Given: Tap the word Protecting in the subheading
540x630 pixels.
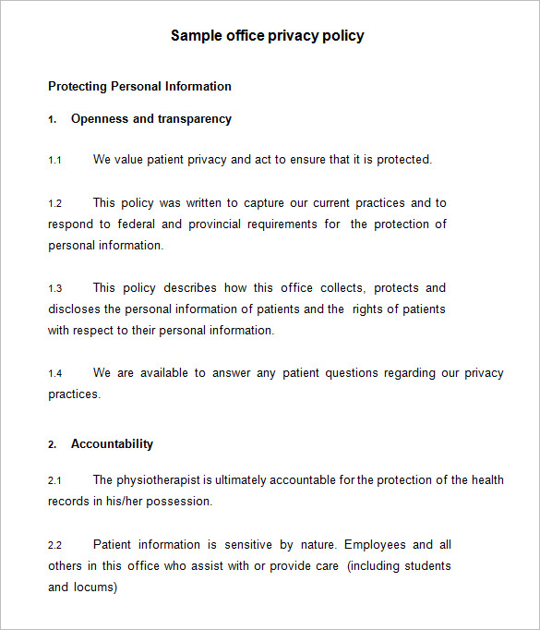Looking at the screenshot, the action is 78,87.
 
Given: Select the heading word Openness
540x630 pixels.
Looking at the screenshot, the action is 100,119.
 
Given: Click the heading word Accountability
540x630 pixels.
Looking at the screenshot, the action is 112,444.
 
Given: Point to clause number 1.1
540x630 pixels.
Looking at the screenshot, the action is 54,161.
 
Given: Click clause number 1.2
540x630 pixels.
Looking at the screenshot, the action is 54,203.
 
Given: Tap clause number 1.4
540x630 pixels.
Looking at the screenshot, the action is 54,374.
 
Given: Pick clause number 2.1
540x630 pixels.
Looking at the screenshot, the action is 54,481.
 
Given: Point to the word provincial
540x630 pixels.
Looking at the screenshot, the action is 218,224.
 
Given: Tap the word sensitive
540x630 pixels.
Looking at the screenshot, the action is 247,545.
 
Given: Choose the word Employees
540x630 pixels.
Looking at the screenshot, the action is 376,545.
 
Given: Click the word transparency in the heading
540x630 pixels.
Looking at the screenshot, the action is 195,119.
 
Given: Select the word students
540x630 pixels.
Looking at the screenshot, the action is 426,566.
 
